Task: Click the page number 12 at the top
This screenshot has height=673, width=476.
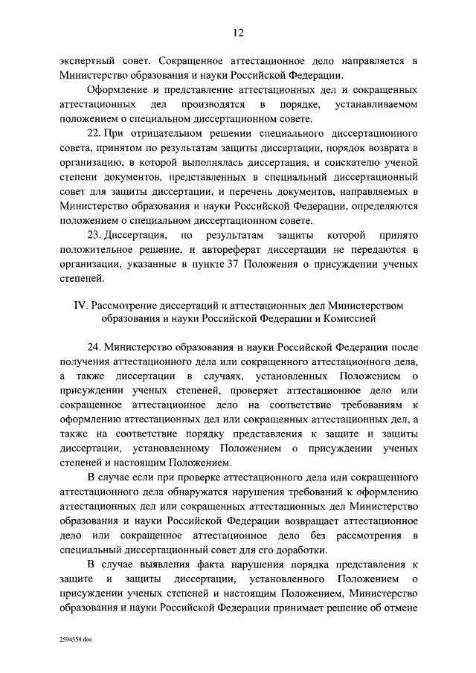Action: pyautogui.click(x=238, y=32)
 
